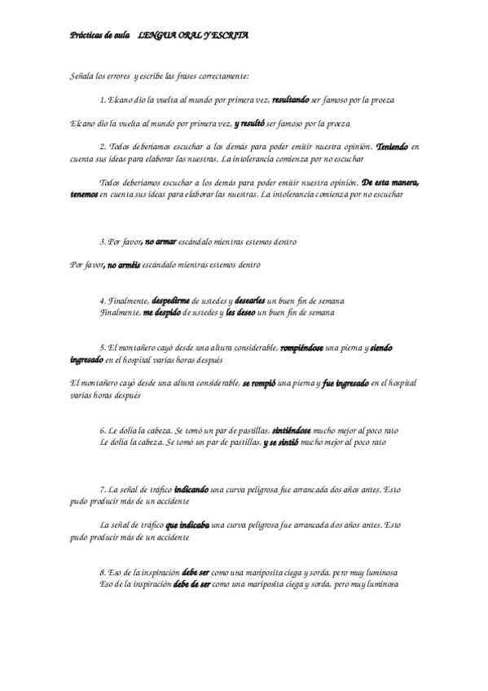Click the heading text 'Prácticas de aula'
tap(93, 36)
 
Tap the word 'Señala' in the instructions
tap(83, 76)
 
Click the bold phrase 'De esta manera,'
tap(390, 183)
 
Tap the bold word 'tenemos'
tap(84, 195)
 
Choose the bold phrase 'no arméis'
tap(123, 266)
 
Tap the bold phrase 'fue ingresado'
tap(346, 382)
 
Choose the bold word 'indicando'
tap(191, 489)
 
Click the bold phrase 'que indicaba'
tap(187, 525)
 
